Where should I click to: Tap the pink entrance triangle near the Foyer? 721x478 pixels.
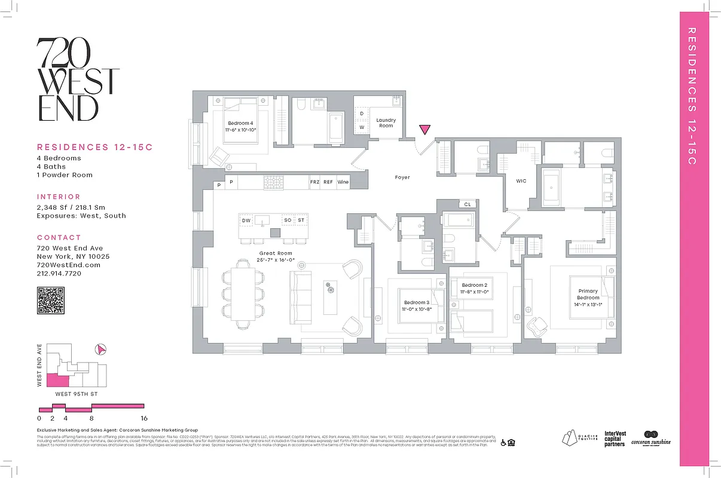click(424, 130)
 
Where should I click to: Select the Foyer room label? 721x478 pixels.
click(402, 177)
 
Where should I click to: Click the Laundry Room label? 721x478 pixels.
click(386, 123)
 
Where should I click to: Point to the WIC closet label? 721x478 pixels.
click(521, 181)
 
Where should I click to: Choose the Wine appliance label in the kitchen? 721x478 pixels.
click(343, 182)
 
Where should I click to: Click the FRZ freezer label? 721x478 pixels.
click(314, 182)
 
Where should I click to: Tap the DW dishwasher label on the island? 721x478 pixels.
click(246, 220)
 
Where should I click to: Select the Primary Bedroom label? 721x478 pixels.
click(588, 294)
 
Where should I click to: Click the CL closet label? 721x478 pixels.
click(468, 204)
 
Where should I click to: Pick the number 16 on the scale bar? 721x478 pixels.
click(143, 418)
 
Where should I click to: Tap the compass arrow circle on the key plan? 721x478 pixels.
click(101, 349)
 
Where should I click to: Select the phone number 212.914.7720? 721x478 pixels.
click(59, 273)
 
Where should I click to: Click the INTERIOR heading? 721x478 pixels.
click(59, 197)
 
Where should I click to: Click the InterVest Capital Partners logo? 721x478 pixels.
click(615, 439)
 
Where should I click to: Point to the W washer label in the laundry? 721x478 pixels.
click(362, 127)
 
